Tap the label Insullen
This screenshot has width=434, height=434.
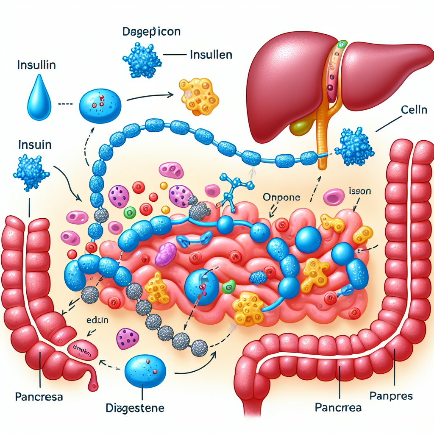coord(211,55)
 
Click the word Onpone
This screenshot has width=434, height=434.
coord(282,198)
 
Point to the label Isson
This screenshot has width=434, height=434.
coord(360,191)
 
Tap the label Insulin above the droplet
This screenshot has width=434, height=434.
coord(37,66)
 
